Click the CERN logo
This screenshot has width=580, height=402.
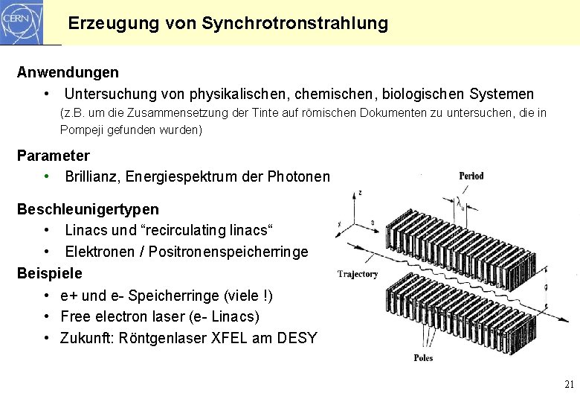(22, 22)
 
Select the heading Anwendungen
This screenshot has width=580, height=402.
(68, 73)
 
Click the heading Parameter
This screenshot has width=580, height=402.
(53, 156)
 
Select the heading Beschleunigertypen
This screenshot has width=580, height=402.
(88, 210)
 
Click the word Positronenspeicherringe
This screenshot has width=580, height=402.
(228, 252)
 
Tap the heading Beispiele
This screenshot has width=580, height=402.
(50, 272)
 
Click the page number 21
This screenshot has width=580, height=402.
(570, 385)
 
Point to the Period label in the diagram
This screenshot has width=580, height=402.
(471, 176)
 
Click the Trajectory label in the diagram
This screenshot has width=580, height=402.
(358, 274)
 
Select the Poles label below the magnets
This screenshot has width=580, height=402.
(423, 358)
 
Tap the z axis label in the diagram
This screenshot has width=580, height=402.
(360, 192)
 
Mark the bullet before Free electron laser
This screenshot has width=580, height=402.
(46, 316)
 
